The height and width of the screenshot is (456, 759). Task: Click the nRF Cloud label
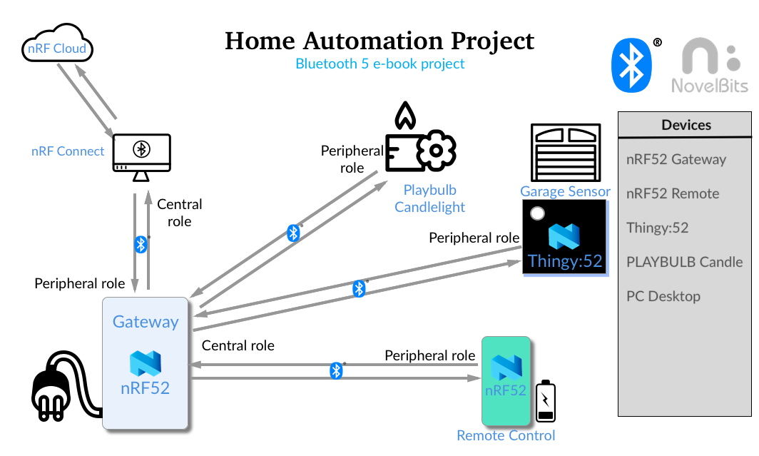pos(56,49)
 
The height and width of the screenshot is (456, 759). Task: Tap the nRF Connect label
pos(68,151)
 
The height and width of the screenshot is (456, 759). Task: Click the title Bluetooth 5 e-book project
pos(379,64)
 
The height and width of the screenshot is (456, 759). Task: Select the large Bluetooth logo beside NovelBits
pos(631,66)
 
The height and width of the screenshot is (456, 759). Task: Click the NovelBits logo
pos(710,66)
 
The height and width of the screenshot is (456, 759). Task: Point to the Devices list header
pos(685,125)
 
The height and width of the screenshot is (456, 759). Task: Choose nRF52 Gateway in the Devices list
pos(676,159)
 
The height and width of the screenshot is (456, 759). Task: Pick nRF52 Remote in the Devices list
pos(672,193)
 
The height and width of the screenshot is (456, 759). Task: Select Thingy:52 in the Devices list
pos(657,228)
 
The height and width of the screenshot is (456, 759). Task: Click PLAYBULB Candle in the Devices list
pos(683,262)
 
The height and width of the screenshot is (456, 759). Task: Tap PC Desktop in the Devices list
pos(663,296)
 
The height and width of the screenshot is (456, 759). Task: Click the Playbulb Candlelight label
pos(429,198)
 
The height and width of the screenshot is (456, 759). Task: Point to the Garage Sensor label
pos(565,191)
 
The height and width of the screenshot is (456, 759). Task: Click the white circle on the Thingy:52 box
pos(537,213)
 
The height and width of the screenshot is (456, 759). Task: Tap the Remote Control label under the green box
pos(506,435)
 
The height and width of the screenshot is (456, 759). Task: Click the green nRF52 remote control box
pos(506,381)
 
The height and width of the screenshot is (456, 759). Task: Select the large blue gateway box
pos(145,363)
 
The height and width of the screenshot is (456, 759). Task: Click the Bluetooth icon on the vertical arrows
pos(141,245)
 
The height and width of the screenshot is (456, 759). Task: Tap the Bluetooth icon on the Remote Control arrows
pos(336,371)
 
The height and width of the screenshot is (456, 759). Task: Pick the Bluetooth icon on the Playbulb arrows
pos(292,233)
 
